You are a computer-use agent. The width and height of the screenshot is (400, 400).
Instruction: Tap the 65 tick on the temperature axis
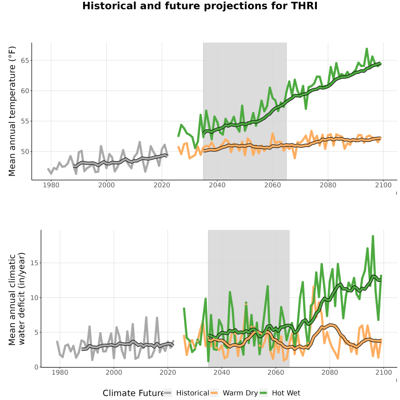tap(24, 60)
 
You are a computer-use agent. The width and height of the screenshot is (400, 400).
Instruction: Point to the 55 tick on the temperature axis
tap(24, 121)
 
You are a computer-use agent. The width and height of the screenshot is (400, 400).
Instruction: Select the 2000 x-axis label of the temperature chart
tap(106, 185)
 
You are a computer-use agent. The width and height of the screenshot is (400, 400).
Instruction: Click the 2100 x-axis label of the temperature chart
tap(383, 185)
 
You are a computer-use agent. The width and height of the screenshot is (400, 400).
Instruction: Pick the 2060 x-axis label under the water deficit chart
tap(276, 372)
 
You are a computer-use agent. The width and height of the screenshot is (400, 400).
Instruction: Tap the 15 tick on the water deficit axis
tap(34, 263)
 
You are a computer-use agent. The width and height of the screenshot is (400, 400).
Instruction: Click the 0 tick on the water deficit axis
tap(36, 368)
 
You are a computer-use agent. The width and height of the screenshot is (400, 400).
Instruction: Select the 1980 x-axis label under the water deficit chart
tap(60, 372)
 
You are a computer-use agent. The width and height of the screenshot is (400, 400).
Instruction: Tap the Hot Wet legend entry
tap(280, 393)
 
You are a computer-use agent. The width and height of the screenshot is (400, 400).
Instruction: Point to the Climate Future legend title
tap(133, 393)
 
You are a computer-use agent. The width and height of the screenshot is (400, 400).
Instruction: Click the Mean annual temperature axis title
tap(12, 111)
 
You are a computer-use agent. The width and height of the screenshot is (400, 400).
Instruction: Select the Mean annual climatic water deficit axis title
tap(16, 299)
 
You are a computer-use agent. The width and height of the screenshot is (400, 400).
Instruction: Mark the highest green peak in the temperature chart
tap(367, 48)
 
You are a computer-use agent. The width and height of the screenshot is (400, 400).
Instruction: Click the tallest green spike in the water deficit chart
tap(373, 236)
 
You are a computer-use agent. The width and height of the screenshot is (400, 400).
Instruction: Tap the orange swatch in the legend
tap(214, 393)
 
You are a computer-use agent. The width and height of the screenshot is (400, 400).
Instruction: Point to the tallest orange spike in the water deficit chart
tap(313, 287)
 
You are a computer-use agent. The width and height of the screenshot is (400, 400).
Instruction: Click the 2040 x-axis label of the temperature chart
tap(217, 185)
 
